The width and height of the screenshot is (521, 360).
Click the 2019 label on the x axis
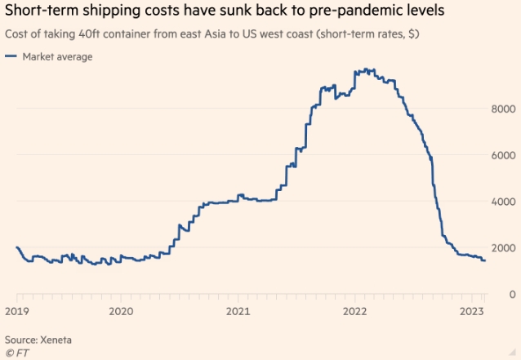click(17, 311)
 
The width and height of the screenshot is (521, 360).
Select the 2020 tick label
click(121, 311)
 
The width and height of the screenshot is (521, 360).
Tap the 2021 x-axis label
click(238, 311)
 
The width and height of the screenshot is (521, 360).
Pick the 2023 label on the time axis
click(471, 311)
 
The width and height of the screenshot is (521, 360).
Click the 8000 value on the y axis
click(501, 109)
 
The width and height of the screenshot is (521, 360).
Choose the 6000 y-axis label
click(501, 155)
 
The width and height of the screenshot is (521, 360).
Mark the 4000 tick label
click(501, 202)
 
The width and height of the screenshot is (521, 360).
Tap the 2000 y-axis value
click(501, 248)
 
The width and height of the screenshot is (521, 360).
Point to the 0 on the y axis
click(511, 294)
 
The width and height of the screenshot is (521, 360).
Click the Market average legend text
click(57, 56)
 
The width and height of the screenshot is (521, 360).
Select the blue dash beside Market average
click(11, 56)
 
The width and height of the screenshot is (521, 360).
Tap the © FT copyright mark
click(17, 352)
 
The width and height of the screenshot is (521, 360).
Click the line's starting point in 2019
click(17, 247)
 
